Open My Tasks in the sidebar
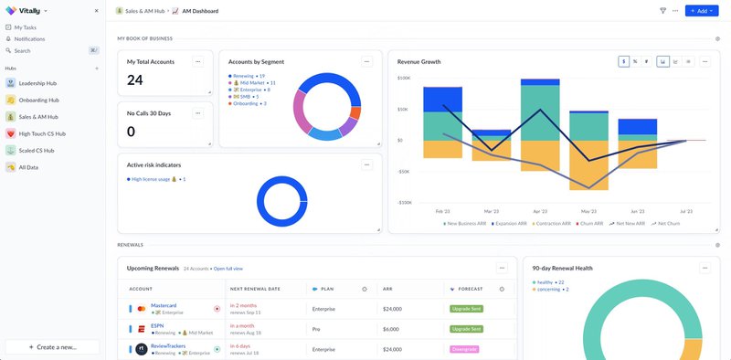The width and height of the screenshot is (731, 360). pyautogui.click(x=25, y=27)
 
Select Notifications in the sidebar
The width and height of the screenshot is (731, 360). pyautogui.click(x=29, y=39)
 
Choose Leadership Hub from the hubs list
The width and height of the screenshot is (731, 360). pyautogui.click(x=37, y=82)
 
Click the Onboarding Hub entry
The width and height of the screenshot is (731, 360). pyautogui.click(x=38, y=100)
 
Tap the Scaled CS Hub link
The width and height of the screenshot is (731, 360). pyautogui.click(x=37, y=150)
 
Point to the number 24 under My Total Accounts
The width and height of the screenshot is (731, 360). pyautogui.click(x=135, y=80)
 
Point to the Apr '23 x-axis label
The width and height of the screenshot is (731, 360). pyautogui.click(x=540, y=210)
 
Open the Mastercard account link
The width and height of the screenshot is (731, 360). pyautogui.click(x=164, y=305)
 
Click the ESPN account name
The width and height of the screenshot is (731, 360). pyautogui.click(x=157, y=325)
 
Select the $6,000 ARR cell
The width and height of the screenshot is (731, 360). pyautogui.click(x=392, y=329)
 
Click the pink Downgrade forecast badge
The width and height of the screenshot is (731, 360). pyautogui.click(x=465, y=349)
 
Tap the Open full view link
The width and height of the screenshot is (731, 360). pyautogui.click(x=228, y=269)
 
